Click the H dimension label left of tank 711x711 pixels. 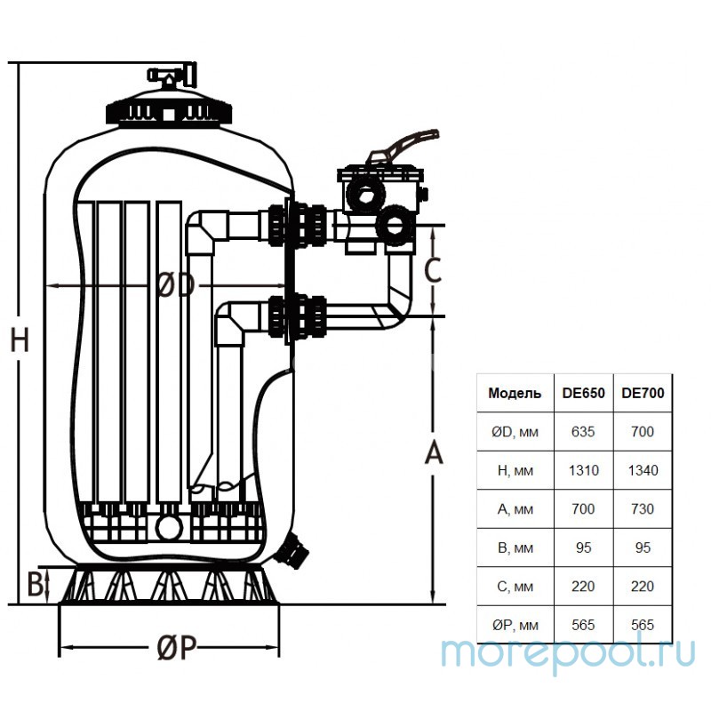coord(19,340)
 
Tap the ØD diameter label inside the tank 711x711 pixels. coord(175,285)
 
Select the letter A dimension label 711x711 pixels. coord(432,452)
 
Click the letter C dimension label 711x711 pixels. coord(432,269)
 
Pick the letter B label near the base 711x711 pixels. coord(35,586)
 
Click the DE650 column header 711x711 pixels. coord(584,393)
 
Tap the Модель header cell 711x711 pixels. coord(515,393)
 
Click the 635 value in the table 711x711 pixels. coord(584,432)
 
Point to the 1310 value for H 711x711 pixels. coord(584,470)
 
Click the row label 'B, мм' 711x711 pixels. coord(515,547)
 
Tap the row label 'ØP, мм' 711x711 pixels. coord(515,625)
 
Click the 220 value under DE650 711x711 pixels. coord(584,587)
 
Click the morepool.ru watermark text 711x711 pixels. coord(568,653)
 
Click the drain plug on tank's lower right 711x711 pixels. coord(296,548)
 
